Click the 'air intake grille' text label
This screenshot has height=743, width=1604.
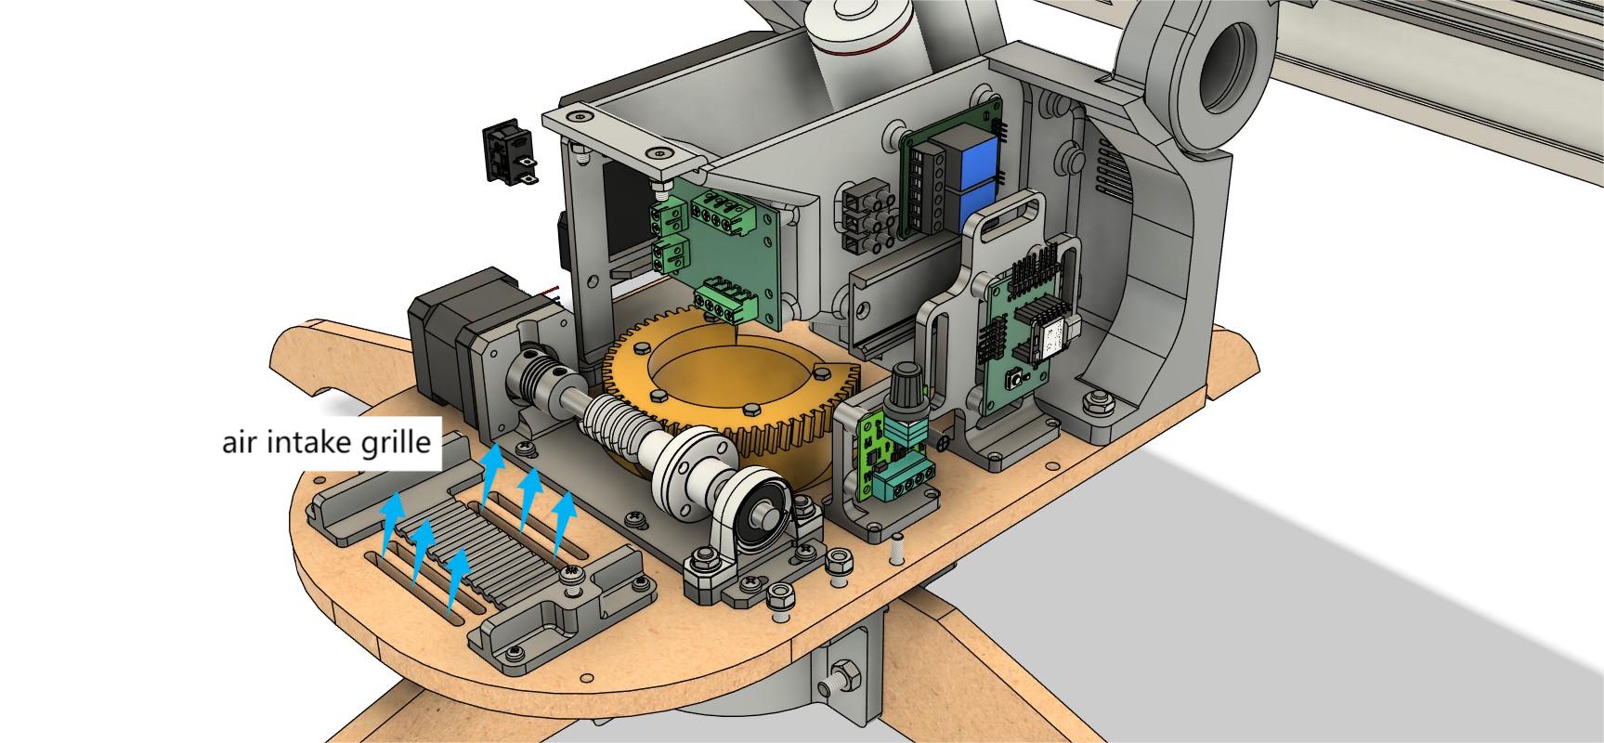[x=326, y=442]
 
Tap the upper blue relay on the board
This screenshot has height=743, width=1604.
[x=972, y=149]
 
